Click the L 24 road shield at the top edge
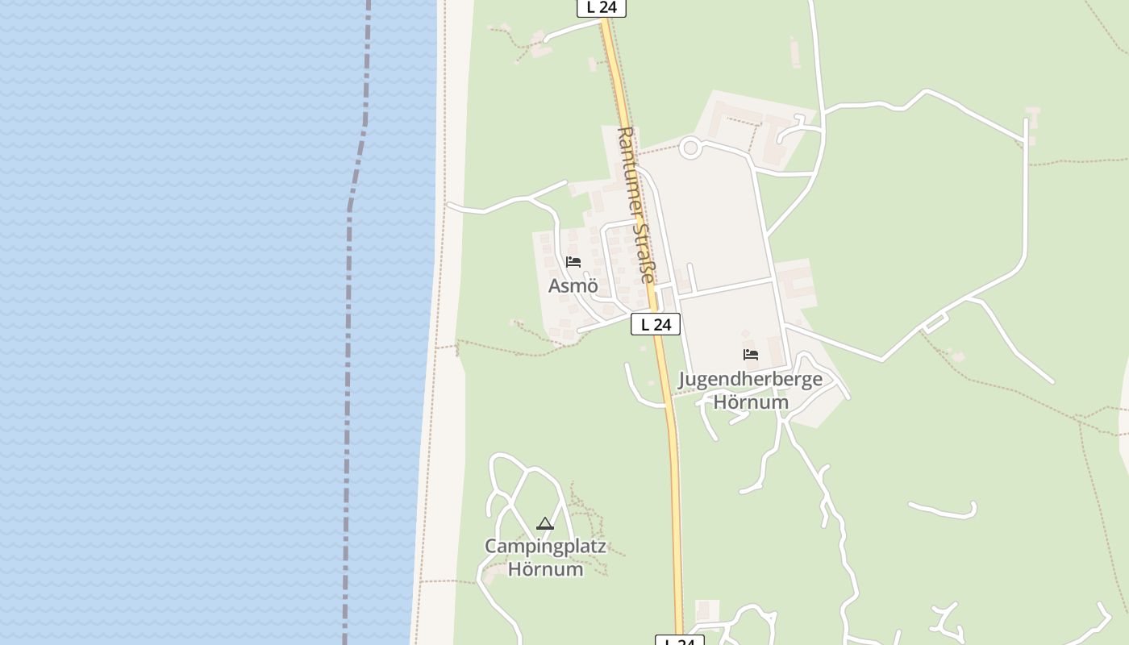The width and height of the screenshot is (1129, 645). [x=602, y=7]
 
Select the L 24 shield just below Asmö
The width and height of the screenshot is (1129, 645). [x=656, y=324]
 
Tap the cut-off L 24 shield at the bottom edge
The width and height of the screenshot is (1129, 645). [x=679, y=641]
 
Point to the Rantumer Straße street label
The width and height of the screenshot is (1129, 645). [x=635, y=203]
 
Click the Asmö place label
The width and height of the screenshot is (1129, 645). [x=573, y=285]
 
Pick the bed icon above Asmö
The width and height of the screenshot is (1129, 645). [x=573, y=262]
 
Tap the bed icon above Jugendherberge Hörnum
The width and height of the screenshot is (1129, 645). [x=751, y=355]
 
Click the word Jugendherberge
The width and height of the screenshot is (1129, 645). [x=750, y=379]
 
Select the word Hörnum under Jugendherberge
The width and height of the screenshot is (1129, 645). [x=751, y=402]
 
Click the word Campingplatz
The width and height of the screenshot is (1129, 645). [x=545, y=546]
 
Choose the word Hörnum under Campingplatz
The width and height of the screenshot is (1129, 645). [x=545, y=569]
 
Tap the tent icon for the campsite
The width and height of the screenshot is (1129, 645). [x=545, y=524]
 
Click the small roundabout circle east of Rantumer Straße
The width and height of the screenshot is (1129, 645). [x=689, y=148]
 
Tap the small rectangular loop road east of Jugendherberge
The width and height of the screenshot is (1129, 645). [x=935, y=323]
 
